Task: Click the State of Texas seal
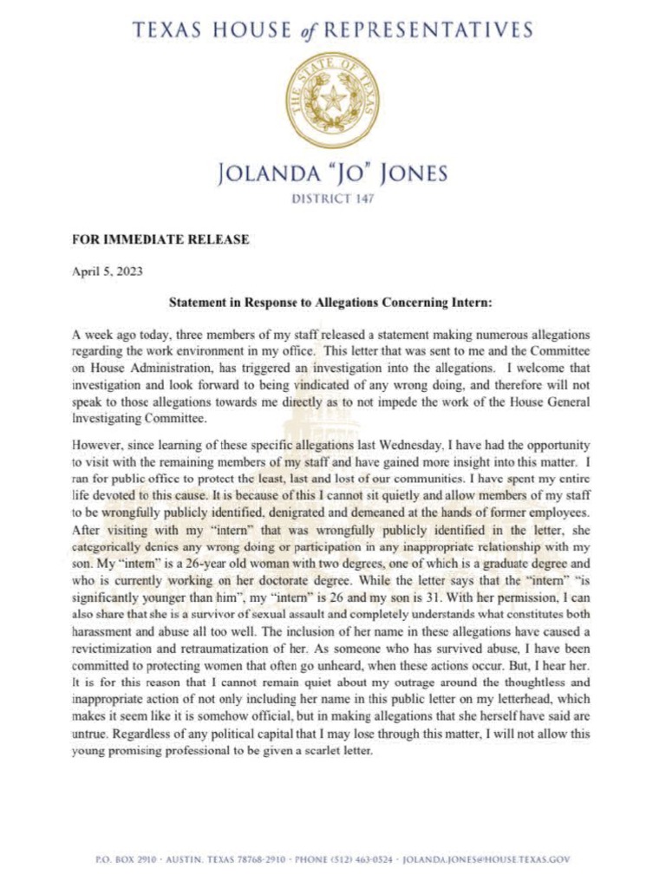point(333,101)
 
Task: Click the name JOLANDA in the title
point(276,173)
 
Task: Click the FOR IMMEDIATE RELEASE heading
point(160,239)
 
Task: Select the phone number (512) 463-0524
point(356,859)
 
